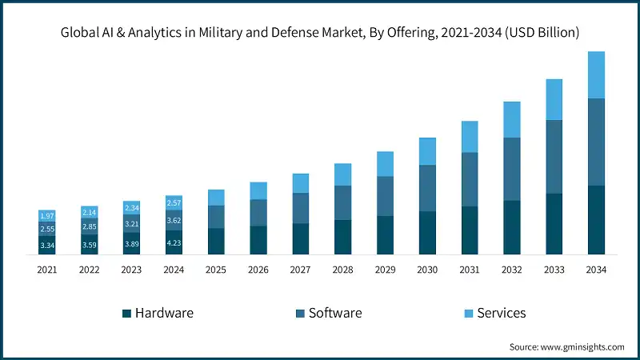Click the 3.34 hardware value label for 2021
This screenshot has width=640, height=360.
point(47,245)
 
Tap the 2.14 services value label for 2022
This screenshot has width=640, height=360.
point(89,212)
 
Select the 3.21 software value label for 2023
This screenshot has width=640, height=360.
point(131,224)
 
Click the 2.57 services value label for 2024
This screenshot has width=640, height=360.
point(174,202)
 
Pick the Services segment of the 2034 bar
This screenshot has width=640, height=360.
point(596,75)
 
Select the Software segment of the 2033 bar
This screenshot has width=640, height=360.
point(554,157)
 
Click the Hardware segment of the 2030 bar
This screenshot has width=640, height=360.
point(427,233)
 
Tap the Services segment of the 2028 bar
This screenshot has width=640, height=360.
point(342,174)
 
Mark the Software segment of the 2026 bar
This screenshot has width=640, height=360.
point(258,212)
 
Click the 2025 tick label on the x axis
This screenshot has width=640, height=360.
point(216,270)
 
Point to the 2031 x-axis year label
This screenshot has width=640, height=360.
point(470,270)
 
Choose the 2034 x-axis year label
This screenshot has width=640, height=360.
point(596,270)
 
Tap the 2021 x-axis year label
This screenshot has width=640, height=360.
point(47,270)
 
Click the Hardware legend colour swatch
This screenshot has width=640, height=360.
point(126,313)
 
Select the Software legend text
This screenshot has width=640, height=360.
point(335,313)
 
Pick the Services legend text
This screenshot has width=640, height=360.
point(502,313)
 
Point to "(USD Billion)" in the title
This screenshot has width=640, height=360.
point(540,33)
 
